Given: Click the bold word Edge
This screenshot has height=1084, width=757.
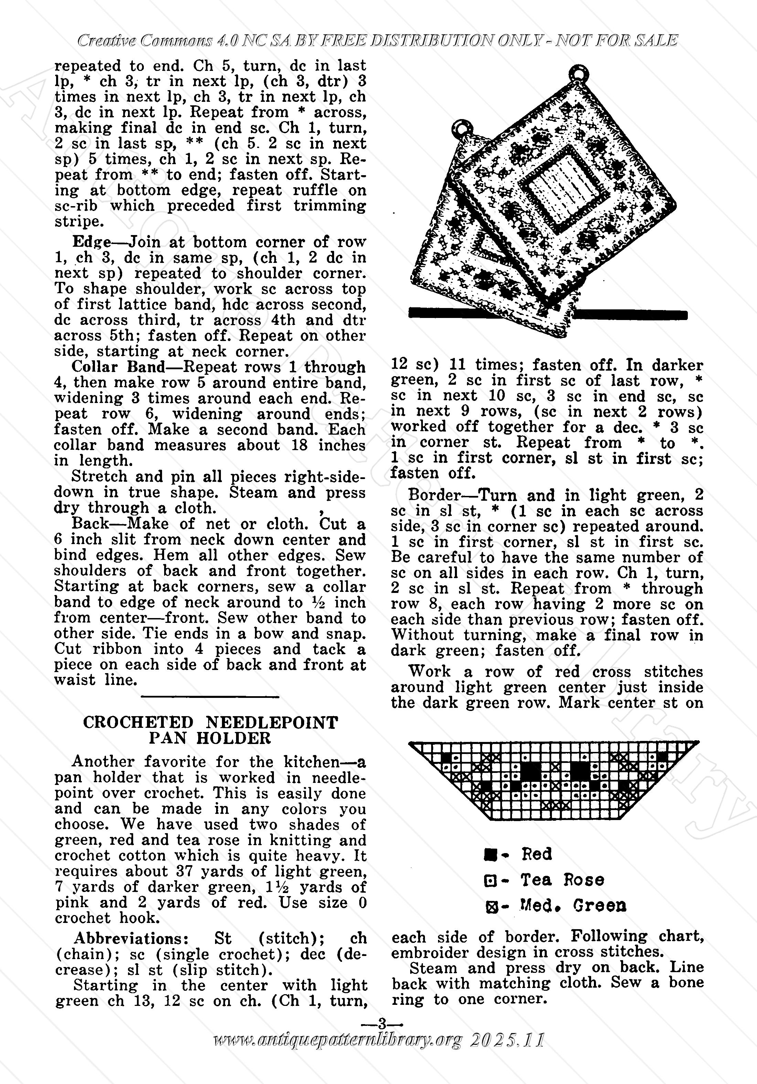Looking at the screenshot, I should [x=91, y=242].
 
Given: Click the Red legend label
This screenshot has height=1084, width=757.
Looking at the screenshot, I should [x=536, y=854].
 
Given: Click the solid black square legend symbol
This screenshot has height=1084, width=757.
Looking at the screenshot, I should [x=490, y=854].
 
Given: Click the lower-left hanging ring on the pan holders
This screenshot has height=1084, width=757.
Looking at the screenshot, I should [x=460, y=127].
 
